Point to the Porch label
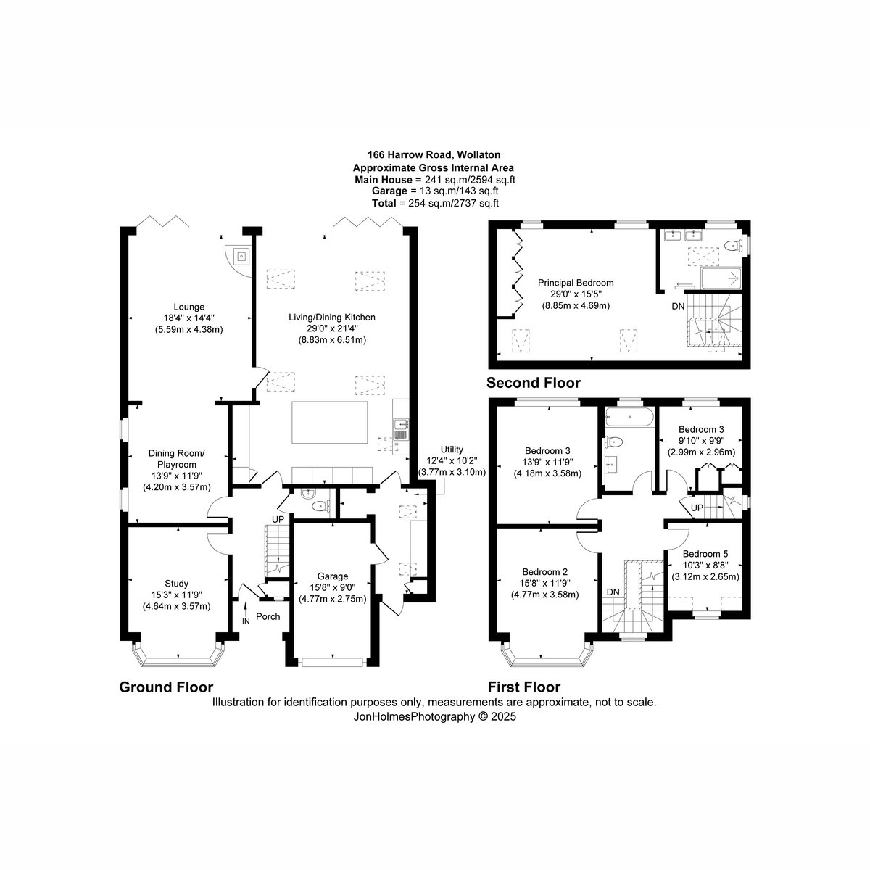(268, 616)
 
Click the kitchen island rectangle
(330, 422)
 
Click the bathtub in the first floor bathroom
(628, 416)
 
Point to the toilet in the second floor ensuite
(732, 246)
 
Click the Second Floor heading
(533, 383)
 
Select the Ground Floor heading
(166, 687)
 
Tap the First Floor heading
(523, 687)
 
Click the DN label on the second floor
(678, 306)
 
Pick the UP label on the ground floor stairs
(278, 519)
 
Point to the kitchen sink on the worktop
(400, 429)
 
